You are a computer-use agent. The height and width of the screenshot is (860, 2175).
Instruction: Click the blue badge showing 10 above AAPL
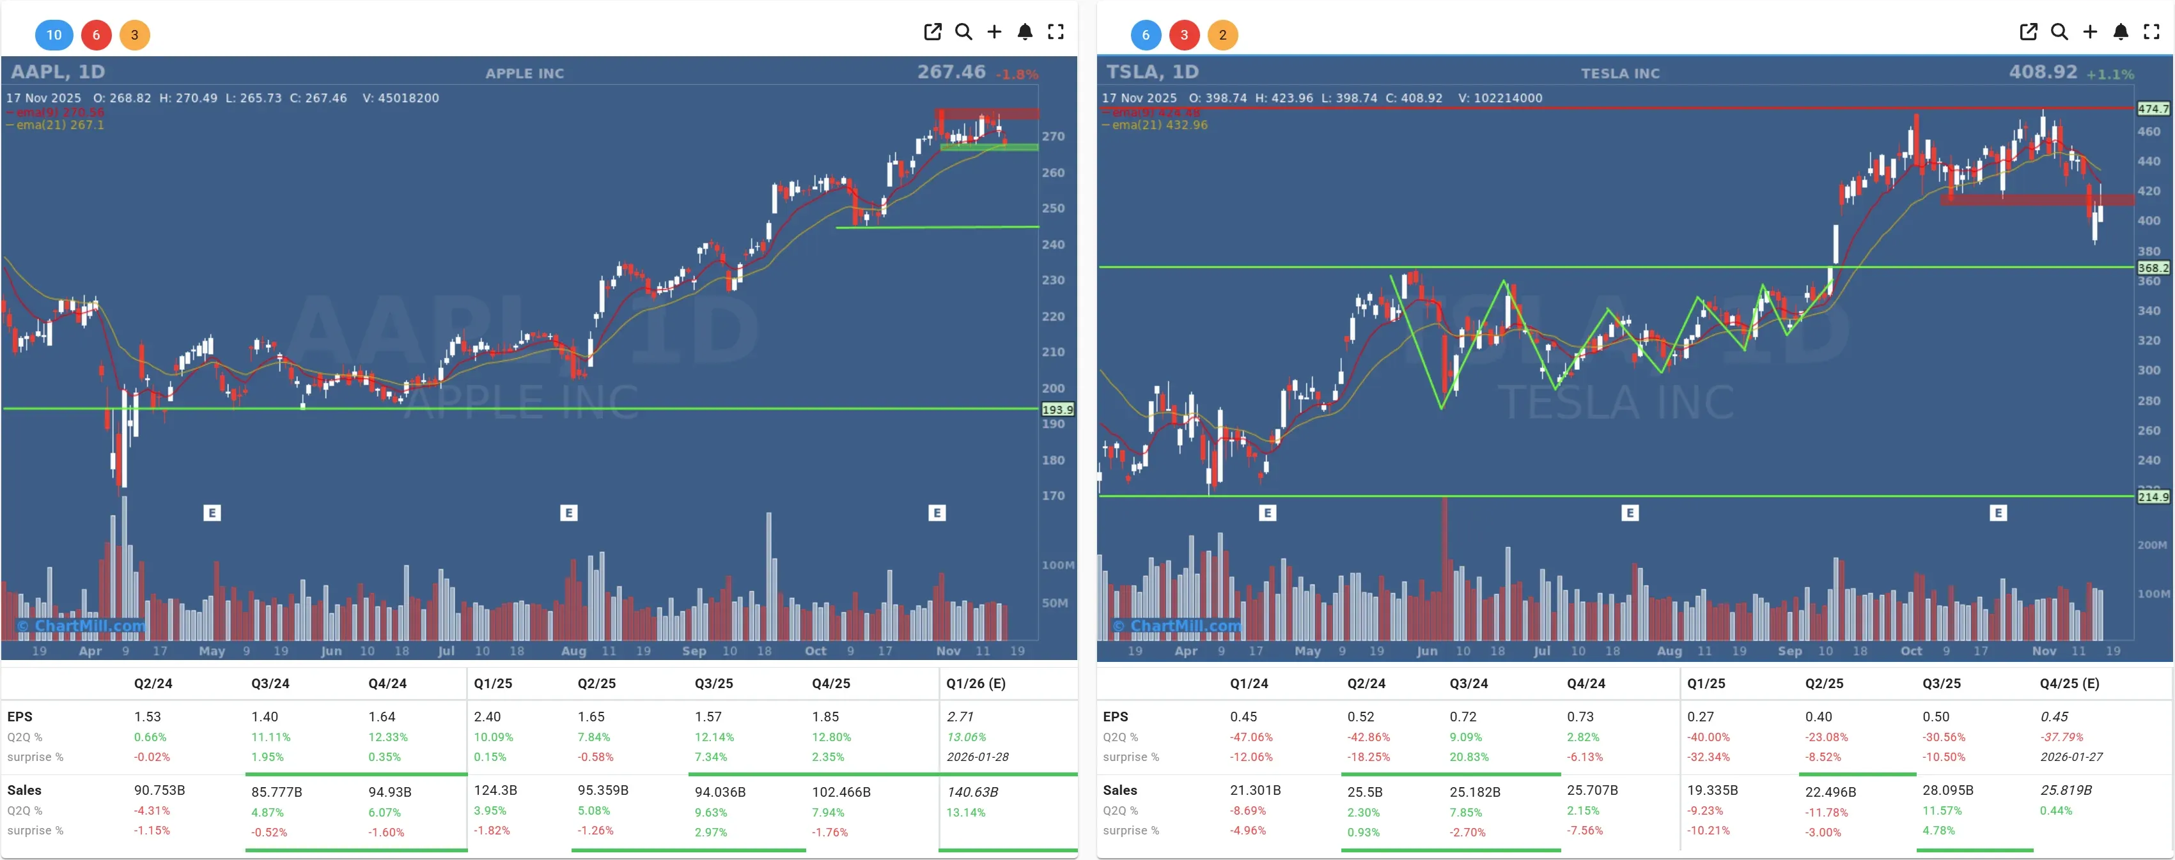(54, 35)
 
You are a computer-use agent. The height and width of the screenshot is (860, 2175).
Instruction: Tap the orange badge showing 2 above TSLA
(1222, 35)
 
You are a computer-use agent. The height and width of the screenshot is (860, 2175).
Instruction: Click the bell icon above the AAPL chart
(1024, 32)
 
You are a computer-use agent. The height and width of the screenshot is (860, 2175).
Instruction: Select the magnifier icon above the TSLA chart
(2059, 32)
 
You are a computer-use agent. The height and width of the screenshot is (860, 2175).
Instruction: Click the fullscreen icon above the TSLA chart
(2151, 32)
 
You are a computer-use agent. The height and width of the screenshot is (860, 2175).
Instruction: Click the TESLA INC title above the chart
(1619, 73)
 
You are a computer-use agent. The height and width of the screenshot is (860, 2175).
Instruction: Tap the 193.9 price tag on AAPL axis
(1057, 410)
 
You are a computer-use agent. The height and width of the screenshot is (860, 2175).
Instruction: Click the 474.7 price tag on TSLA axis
(2152, 109)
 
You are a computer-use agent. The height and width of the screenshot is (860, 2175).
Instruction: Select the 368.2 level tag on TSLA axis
(2152, 268)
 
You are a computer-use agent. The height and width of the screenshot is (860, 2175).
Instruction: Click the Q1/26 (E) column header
(975, 683)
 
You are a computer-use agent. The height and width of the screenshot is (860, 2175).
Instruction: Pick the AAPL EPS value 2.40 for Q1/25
(487, 716)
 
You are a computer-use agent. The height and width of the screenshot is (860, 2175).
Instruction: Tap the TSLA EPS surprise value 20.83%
(1469, 757)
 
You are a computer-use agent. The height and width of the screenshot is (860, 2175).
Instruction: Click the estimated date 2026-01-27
(2071, 757)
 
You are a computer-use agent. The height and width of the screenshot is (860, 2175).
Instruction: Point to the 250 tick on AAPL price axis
(1053, 208)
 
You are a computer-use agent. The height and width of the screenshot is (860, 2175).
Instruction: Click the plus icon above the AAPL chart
(994, 32)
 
